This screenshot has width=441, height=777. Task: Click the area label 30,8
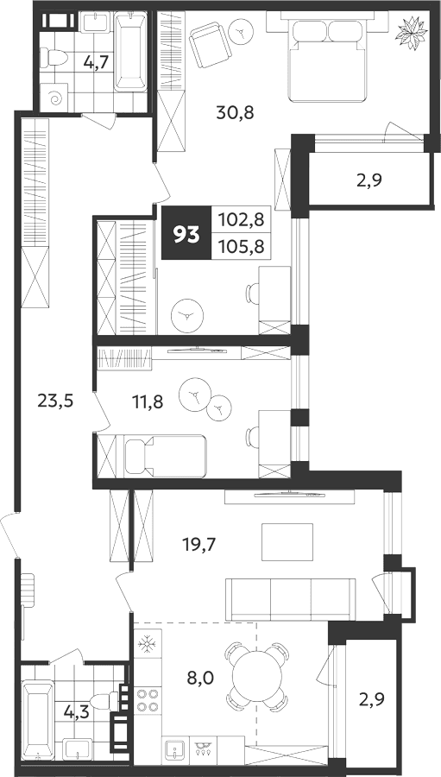[x=236, y=113]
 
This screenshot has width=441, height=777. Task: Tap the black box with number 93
[x=186, y=233]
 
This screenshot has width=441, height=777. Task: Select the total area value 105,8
[x=243, y=246]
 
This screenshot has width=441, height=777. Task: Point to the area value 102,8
[x=243, y=218]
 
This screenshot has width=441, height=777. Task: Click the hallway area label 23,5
[x=55, y=401]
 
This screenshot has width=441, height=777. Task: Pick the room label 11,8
[x=148, y=401]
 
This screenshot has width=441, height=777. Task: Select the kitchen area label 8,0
[x=200, y=678]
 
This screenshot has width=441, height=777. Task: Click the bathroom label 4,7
[x=96, y=63]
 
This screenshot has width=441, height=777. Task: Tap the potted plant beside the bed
[x=412, y=33]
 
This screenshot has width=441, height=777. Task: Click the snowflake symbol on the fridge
[x=147, y=645]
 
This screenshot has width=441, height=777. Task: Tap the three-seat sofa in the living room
[x=290, y=599]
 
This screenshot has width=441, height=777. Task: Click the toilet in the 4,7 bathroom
[x=53, y=59]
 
